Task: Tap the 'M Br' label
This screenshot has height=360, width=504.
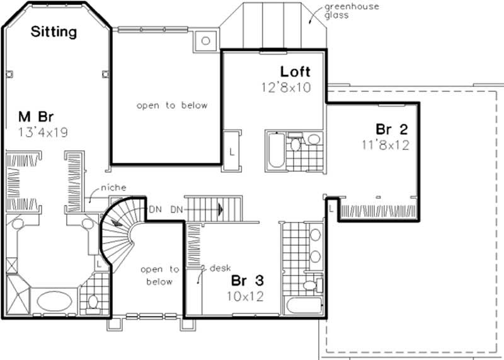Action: (x=35, y=117)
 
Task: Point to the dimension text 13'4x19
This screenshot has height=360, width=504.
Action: (x=43, y=132)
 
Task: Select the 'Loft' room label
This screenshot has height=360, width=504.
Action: (x=295, y=71)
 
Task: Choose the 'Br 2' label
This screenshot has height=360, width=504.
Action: (x=392, y=130)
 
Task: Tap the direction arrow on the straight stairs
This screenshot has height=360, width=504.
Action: (x=220, y=208)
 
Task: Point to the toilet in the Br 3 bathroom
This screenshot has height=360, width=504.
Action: (x=308, y=286)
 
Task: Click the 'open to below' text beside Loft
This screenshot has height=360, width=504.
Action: (x=171, y=105)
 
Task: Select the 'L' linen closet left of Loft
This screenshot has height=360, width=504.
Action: (x=232, y=151)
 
